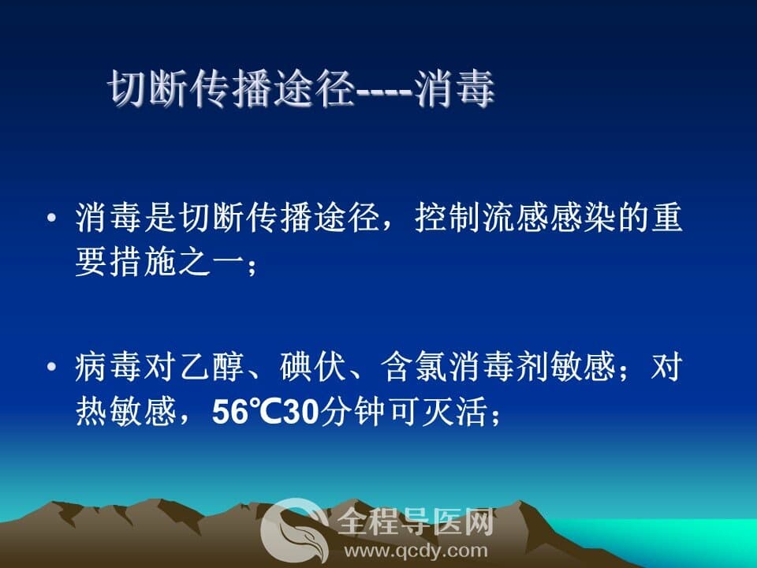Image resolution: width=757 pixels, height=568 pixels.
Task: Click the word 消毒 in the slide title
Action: coord(454,88)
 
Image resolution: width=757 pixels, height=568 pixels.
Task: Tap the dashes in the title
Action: coord(384,92)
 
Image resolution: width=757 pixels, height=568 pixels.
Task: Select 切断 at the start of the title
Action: coord(147,88)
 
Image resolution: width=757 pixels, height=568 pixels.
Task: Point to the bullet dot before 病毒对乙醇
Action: coord(52,366)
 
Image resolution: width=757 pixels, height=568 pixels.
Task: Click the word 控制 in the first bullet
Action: coord(448,218)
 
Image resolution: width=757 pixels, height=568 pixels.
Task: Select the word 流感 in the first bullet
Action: coord(516,218)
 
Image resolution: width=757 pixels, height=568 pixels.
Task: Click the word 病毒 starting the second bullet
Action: coord(109,367)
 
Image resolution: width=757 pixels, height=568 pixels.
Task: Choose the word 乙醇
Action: coord(211,367)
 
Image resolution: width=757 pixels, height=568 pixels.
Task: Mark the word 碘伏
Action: coord(313,367)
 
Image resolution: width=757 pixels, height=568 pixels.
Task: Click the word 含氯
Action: coord(414,367)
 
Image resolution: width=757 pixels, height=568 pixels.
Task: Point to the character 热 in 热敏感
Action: coord(91,412)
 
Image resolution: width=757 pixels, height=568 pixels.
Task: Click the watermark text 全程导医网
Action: coord(416,521)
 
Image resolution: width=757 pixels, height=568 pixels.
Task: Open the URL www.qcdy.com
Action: coord(416,551)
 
